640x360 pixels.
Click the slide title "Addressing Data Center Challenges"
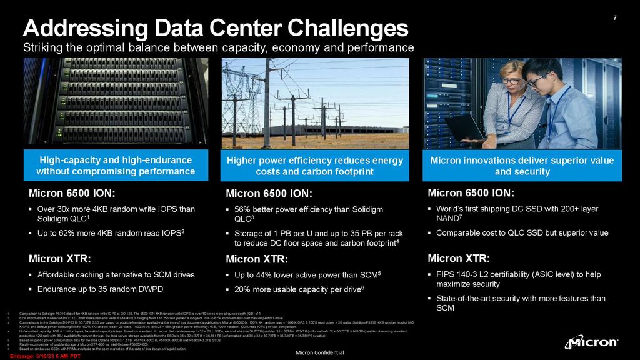216,27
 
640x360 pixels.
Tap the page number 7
615,17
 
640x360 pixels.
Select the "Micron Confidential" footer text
320,352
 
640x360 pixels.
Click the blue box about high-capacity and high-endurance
116,166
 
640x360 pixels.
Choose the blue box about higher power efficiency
315,166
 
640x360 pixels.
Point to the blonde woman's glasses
511,81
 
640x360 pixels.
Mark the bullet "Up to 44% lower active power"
306,274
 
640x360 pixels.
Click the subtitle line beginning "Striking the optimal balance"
218,48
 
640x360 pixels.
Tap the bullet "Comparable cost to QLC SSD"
521,233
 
